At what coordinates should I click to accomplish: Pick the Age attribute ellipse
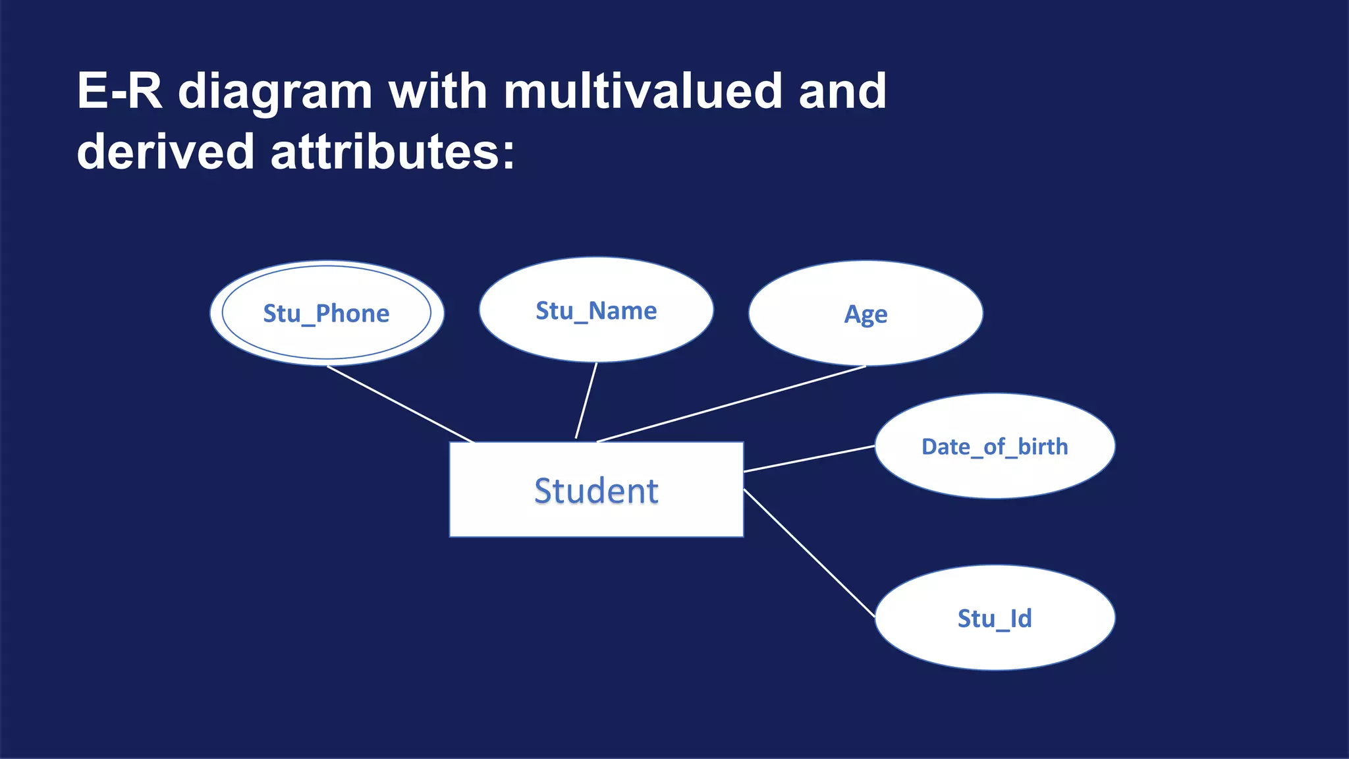point(866,339)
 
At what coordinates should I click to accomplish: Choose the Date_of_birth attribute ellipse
point(995,471)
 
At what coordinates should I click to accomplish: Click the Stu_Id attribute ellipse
point(995,642)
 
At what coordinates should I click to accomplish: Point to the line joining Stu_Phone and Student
point(400,404)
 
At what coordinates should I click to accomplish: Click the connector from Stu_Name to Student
point(586,400)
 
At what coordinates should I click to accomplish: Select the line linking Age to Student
point(731,404)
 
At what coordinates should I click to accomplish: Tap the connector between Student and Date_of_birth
point(809,459)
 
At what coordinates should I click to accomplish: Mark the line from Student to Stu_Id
point(809,553)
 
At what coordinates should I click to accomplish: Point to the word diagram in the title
point(275,92)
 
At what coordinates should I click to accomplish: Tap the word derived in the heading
point(165,152)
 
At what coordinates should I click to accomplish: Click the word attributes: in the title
point(393,152)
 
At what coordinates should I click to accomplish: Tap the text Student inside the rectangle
point(596,491)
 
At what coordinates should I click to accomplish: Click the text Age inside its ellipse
point(866,314)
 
